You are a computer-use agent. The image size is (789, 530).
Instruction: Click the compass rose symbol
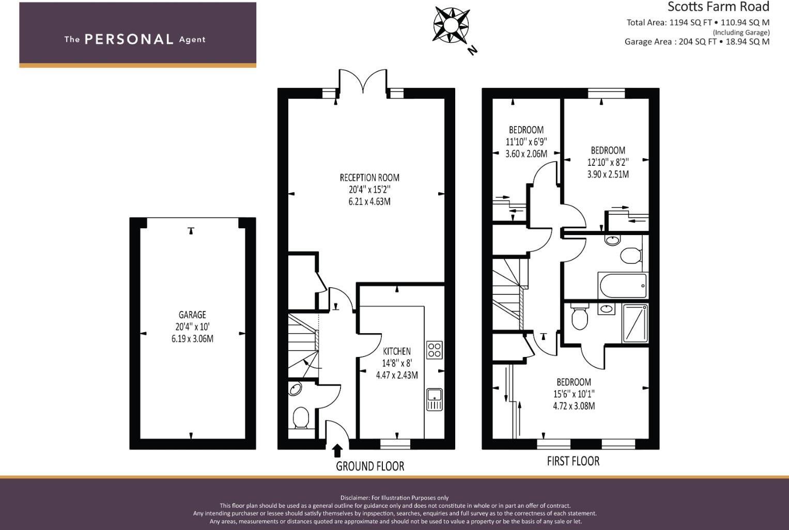pos(451,25)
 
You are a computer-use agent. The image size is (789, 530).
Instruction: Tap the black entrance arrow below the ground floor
pos(337,451)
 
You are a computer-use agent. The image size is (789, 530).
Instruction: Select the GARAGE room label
pos(192,315)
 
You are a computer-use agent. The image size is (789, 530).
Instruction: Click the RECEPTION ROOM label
pos(369,178)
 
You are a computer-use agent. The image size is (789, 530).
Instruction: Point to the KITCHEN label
pos(397,351)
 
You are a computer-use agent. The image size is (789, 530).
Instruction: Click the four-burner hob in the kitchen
pos(435,350)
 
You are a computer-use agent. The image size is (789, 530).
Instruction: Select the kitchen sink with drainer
pos(435,399)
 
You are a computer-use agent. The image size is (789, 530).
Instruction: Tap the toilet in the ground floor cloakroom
pos(301,418)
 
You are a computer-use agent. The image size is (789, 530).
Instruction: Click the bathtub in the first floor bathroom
pos(623,285)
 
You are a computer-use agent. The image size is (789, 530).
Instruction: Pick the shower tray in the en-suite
pos(635,323)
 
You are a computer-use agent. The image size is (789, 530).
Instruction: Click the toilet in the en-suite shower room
pos(579,317)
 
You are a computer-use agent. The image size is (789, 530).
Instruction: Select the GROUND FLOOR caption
pos(370,466)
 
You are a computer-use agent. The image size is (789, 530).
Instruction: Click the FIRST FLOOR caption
pos(573,461)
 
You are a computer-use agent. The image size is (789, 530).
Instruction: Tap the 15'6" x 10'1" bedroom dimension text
pos(574,394)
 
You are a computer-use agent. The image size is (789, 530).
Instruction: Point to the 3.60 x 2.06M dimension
pos(526,153)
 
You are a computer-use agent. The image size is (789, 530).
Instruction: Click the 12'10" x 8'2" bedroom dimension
pos(608,162)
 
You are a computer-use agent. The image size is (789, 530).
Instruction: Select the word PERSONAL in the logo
pos(129,39)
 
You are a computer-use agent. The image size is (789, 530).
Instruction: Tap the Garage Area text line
pos(697,41)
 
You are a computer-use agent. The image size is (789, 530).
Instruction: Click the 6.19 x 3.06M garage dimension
pos(192,339)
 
